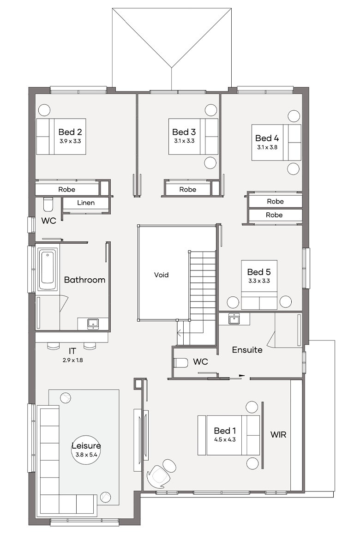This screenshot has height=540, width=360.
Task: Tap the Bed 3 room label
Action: (x=184, y=132)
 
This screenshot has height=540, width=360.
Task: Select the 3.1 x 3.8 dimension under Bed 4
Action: (x=267, y=147)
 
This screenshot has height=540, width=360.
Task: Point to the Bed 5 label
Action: (x=258, y=272)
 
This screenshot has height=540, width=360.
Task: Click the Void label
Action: (x=161, y=275)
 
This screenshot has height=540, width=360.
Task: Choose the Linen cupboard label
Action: (x=86, y=203)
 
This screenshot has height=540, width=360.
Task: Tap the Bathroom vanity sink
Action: (x=93, y=323)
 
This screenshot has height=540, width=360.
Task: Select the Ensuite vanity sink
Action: (x=234, y=318)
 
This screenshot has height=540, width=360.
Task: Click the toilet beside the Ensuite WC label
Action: (x=181, y=363)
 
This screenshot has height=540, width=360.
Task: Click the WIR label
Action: (x=278, y=434)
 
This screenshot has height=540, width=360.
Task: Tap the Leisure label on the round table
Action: (x=86, y=446)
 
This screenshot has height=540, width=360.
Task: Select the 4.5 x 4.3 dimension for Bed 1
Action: (x=225, y=440)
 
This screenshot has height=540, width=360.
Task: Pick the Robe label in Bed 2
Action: (x=66, y=189)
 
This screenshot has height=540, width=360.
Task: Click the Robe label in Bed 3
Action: (x=188, y=189)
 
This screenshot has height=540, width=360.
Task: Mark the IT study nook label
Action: (x=72, y=351)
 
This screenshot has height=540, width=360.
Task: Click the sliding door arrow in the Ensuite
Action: (x=241, y=375)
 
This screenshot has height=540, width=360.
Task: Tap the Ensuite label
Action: (x=247, y=350)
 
